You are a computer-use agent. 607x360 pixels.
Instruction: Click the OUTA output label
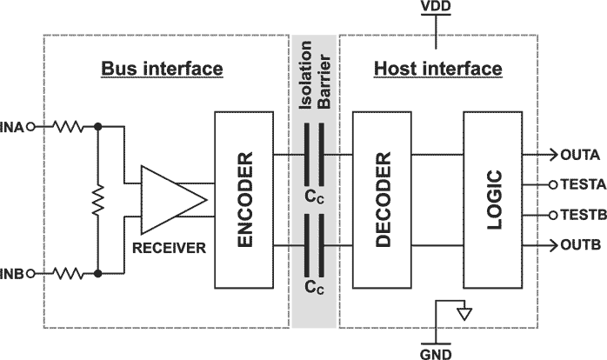coord(577,155)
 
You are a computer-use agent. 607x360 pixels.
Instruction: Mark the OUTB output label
coord(577,246)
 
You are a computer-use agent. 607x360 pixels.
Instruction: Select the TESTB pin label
coord(580,216)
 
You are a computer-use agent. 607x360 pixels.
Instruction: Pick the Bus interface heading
coord(162,68)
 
